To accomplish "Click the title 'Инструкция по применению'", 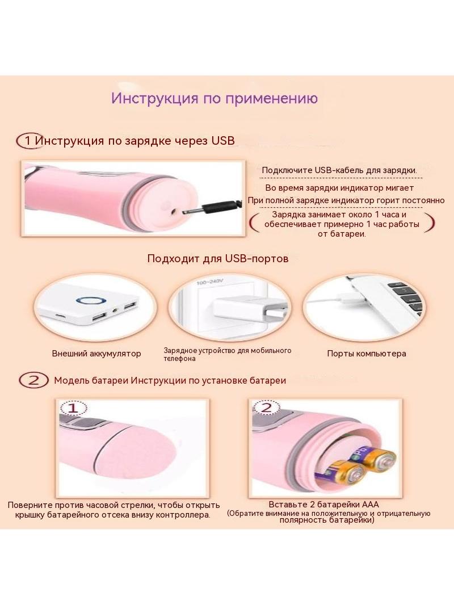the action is click(215, 98).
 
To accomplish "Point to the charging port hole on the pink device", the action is click(173, 211).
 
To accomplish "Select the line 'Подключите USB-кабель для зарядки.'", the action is click(339, 170).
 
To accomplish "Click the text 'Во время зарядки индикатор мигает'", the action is click(339, 188).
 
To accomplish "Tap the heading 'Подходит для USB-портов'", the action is click(218, 258).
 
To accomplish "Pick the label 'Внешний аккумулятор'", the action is click(96, 354).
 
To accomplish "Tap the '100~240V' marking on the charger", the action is click(210, 282).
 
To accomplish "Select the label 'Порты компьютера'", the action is click(367, 354).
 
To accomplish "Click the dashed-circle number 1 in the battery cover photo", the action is click(73, 408).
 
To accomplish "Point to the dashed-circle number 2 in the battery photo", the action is click(266, 407).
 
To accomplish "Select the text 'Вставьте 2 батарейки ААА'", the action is click(323, 505).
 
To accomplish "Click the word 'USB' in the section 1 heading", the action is click(223, 140).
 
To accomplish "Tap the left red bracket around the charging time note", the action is click(253, 224).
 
